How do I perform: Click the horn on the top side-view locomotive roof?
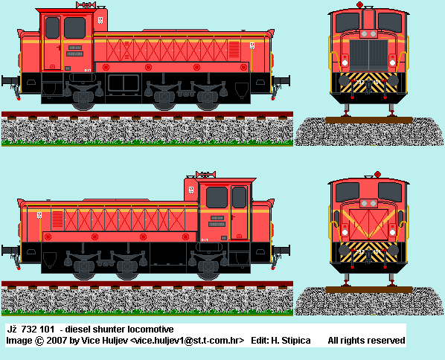click(86, 4)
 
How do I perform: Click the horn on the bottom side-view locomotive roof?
click(205, 175)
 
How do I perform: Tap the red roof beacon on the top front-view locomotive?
click(359, 4)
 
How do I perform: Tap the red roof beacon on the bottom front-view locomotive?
click(377, 174)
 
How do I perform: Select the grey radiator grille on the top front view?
click(368, 55)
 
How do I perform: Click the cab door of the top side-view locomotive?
click(52, 42)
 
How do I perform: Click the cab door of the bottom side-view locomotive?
click(239, 213)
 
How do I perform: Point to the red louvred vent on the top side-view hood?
click(234, 50)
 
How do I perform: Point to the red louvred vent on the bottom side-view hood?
click(57, 219)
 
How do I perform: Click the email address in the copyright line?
click(187, 341)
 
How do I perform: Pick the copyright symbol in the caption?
click(39, 341)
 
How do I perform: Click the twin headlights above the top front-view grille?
click(368, 34)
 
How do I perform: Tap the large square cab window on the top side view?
click(74, 28)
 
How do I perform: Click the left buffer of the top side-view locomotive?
click(8, 80)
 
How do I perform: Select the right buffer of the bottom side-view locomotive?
click(282, 251)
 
